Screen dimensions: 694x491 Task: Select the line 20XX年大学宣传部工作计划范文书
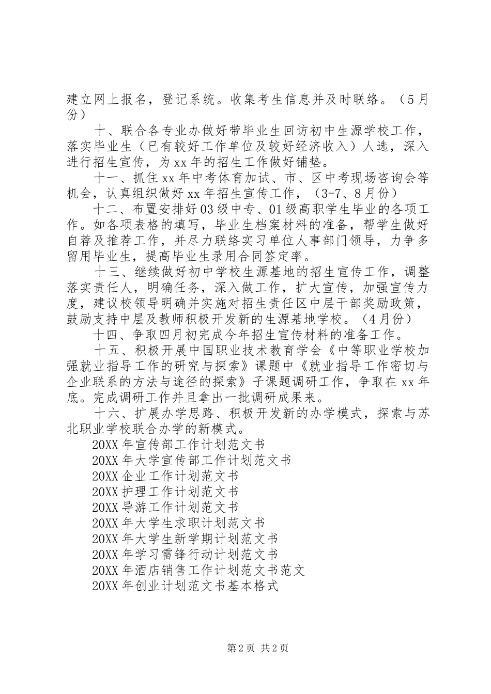click(x=191, y=460)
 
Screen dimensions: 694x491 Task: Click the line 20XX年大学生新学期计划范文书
click(x=185, y=539)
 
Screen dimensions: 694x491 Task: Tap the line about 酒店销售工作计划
click(x=198, y=571)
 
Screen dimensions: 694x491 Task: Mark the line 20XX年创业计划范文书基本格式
click(x=185, y=587)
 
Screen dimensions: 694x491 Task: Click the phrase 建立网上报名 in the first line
click(x=101, y=100)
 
